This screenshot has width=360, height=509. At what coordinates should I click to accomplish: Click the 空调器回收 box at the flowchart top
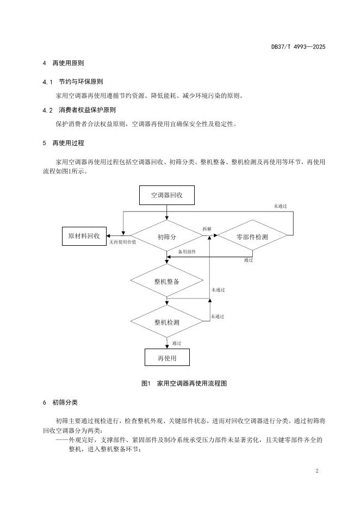166,195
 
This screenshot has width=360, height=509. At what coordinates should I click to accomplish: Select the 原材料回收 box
84,236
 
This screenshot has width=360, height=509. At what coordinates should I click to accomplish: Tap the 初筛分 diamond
166,237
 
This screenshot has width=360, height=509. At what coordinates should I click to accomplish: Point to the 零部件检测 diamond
252,237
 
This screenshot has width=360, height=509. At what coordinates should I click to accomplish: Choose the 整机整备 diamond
166,281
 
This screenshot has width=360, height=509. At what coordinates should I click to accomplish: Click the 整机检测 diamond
166,322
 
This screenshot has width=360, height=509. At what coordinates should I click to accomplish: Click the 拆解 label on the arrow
207,229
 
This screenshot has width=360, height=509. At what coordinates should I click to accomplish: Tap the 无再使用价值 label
122,242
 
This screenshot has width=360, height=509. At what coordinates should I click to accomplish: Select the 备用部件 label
187,252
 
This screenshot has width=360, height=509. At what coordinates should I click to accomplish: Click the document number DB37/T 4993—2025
298,47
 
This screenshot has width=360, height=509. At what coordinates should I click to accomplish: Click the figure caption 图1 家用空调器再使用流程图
183,383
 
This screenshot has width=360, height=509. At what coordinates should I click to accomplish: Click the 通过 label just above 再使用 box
176,343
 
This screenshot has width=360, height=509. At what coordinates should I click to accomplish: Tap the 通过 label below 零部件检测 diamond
249,260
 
